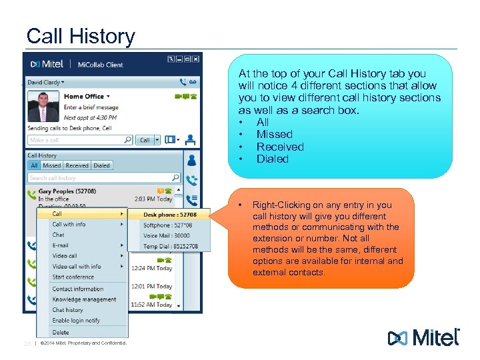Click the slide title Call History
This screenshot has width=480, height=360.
pos(80,36)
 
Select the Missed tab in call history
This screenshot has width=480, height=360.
pos(52,165)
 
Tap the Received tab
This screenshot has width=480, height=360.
pos(77,165)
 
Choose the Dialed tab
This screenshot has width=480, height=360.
pos(101,165)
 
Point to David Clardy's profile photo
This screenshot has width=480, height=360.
pos(43,106)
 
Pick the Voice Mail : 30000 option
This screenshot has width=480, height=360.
pos(167,235)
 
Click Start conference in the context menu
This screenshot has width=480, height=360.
pos(73,277)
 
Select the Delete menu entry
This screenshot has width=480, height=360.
pos(61,332)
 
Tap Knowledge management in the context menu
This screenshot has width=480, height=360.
pos(84,299)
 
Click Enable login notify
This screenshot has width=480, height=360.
pos(76,321)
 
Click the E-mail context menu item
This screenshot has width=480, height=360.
pos(61,245)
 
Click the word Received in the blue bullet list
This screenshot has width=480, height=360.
pos(280,147)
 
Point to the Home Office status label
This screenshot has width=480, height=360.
pos(84,97)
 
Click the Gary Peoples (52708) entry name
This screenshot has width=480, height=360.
pos(67,191)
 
